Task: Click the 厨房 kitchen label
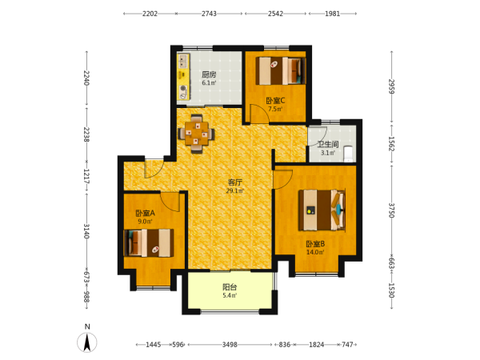point(209,74)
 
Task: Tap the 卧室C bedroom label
point(275,101)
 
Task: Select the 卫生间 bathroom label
point(328,144)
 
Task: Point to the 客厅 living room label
point(235,182)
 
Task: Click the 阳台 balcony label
point(230,287)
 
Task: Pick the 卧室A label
point(146,213)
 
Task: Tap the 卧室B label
point(316,244)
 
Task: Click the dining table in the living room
point(197,134)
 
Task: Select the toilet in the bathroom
point(348,154)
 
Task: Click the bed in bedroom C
point(281,70)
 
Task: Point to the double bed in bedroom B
point(322,210)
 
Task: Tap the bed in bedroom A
point(149,242)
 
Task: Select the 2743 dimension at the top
point(209,14)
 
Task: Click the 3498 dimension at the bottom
point(230,345)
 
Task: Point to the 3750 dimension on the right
point(391,210)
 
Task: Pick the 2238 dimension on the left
point(86,134)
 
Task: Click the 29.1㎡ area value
point(235,191)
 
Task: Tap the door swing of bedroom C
point(259,114)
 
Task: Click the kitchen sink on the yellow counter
point(183,62)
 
